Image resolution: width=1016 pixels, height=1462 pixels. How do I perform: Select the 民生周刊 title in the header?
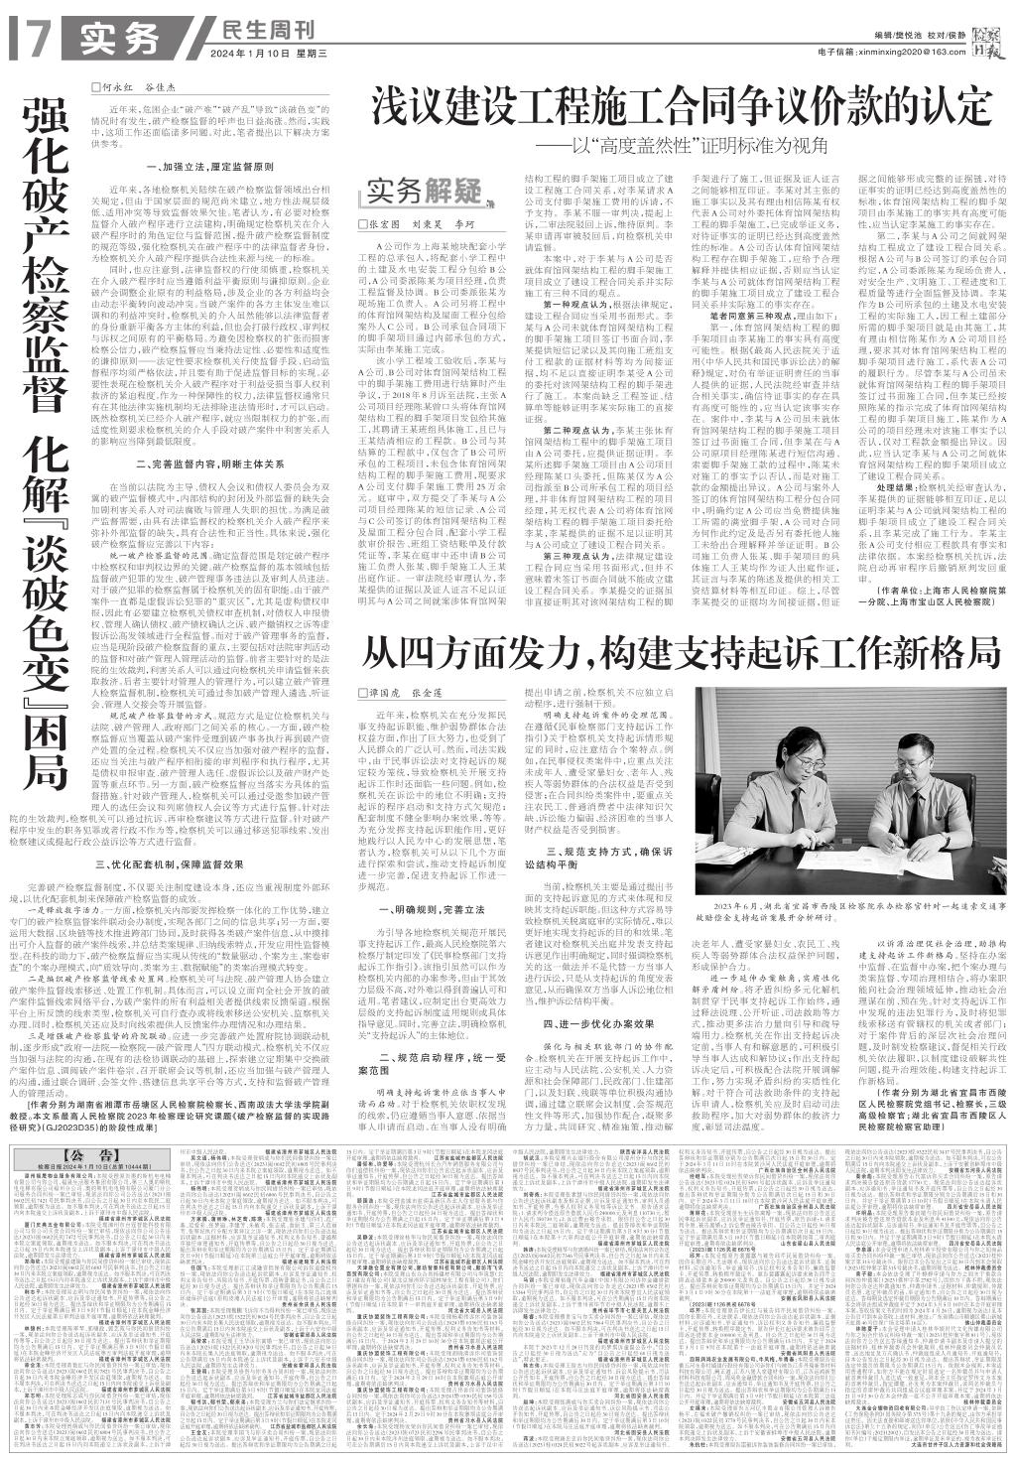tap(259, 29)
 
